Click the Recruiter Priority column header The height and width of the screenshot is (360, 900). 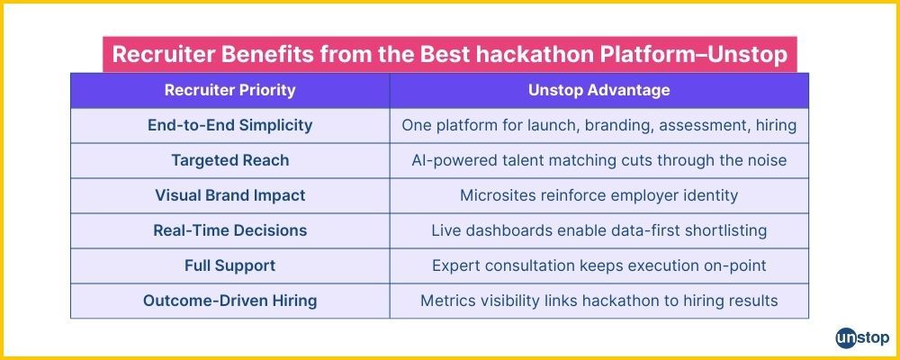coord(229,91)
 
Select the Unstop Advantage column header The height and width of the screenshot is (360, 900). coord(598,91)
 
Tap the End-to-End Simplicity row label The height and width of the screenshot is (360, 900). coord(229,126)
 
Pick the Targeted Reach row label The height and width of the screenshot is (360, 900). coord(229,161)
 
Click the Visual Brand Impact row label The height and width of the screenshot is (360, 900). coord(229,195)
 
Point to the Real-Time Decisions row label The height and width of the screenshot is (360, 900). coord(229,230)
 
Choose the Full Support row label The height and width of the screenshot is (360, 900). coord(229,265)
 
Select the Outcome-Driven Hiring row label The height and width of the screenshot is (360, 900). coord(229,301)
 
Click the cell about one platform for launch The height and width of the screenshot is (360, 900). coord(598,126)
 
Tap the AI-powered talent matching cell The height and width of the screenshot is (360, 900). coord(598,161)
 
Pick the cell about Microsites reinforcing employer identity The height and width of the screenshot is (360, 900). coord(598,195)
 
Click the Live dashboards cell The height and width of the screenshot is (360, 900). coord(598,230)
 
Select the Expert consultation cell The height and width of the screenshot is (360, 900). coord(598,265)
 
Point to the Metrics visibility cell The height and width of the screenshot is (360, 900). coord(598,301)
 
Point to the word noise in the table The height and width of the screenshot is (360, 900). coord(764,161)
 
